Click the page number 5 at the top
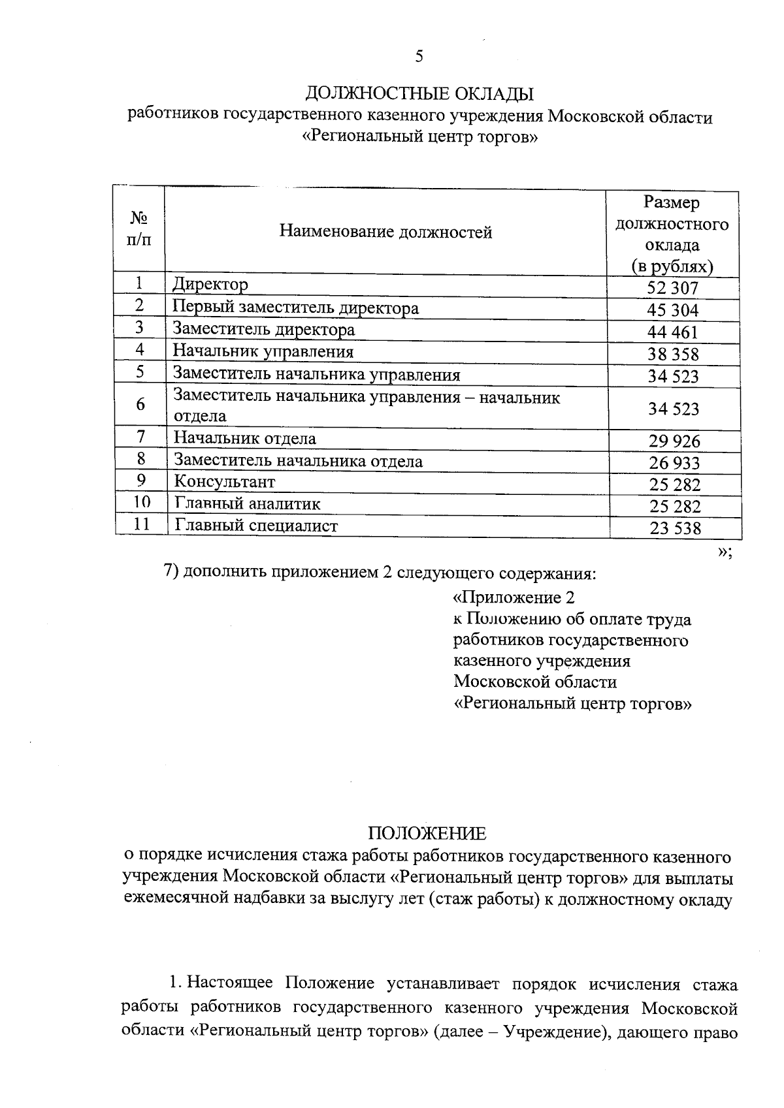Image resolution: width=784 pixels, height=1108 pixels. [419, 57]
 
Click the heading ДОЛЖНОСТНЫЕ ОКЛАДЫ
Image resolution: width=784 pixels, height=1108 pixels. [419, 95]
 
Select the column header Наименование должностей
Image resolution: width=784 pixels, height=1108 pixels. [385, 232]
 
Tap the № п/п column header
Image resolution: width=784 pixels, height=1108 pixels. [138, 229]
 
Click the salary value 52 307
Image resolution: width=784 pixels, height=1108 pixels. [673, 288]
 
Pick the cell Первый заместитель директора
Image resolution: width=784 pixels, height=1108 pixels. [295, 308]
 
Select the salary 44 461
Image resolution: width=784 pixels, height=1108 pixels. [673, 332]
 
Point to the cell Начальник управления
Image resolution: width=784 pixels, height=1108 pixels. [263, 352]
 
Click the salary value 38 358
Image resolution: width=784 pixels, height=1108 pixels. [673, 355]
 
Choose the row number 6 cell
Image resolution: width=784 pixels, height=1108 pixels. [140, 405]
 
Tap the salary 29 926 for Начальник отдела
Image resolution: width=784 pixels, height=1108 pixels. [674, 441]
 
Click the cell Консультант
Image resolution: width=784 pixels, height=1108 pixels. [224, 482]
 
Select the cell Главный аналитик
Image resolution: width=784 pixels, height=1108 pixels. [247, 504]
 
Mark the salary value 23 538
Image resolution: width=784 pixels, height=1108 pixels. [675, 528]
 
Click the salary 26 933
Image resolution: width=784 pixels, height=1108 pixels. [674, 464]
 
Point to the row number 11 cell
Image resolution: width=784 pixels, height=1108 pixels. [141, 524]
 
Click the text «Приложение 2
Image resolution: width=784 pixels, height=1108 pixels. [514, 597]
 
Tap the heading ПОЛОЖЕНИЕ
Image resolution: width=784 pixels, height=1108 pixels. [427, 834]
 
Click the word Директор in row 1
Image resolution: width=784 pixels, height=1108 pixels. [210, 285]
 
